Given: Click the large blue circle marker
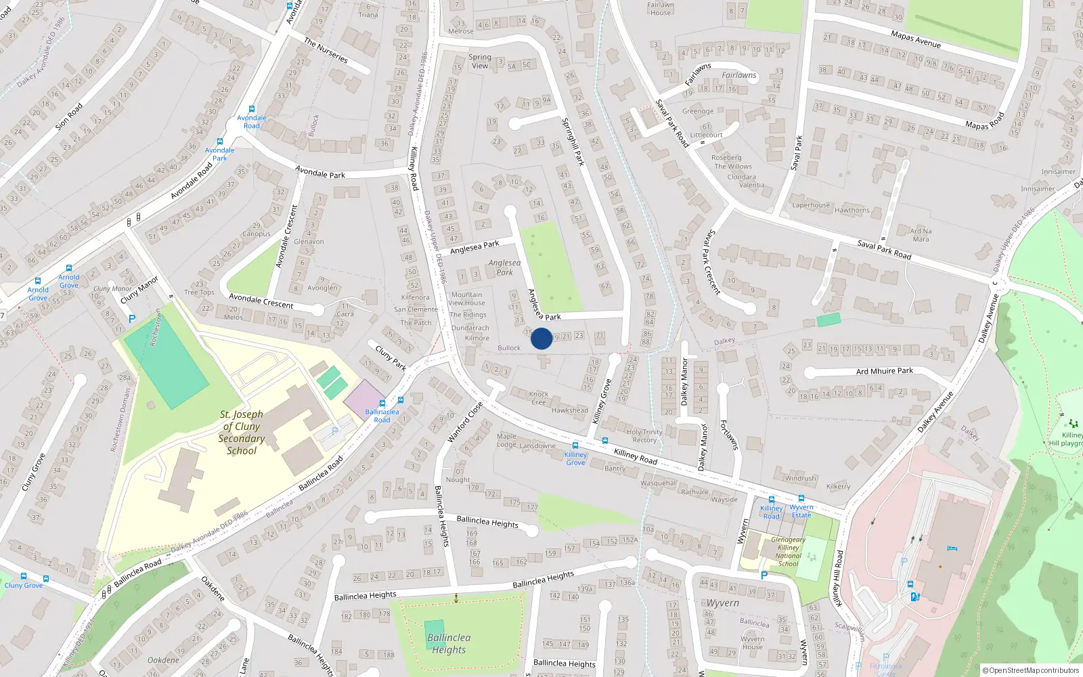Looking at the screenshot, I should click(541, 338).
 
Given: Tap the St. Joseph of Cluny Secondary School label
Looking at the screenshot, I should click(242, 432).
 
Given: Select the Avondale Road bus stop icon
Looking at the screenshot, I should click(252, 108).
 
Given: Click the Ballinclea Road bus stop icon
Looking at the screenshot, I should click(401, 401).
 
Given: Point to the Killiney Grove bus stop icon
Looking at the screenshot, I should click(575, 445).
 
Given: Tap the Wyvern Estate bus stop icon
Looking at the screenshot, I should click(801, 499).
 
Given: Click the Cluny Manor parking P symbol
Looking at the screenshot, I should click(132, 318).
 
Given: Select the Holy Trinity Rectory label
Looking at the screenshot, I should click(644, 436).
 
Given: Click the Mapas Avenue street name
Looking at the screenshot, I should click(916, 39).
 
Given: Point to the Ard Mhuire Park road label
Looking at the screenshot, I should click(884, 371).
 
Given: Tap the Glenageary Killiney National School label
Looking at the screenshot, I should click(788, 552).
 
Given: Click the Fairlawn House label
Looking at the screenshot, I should click(660, 9).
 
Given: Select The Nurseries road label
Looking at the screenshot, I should click(326, 51).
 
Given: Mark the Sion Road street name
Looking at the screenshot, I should click(68, 116).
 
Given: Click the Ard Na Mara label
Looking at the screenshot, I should click(921, 235).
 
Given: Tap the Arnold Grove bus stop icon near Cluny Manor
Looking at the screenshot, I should click(69, 269).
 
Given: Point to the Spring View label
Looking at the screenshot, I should click(480, 62).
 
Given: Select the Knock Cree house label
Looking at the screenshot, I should click(539, 398).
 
